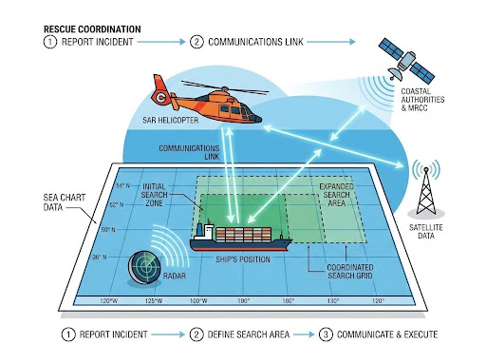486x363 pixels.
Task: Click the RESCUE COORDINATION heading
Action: [x=92, y=29]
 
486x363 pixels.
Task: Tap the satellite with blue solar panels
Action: [x=406, y=60]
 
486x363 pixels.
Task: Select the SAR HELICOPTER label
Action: [x=170, y=121]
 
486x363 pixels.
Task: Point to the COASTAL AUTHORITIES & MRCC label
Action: [x=422, y=100]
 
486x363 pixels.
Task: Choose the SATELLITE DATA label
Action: [x=426, y=232]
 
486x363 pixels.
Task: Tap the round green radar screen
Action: [x=144, y=267]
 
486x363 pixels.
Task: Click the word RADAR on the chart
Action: [x=175, y=276]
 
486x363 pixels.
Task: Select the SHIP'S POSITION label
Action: [x=243, y=259]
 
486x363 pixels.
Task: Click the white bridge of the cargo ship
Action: [x=206, y=231]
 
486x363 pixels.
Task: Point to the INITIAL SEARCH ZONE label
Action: [x=154, y=195]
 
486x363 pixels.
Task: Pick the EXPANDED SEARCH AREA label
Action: [x=336, y=195]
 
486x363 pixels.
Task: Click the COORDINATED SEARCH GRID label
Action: [x=350, y=272]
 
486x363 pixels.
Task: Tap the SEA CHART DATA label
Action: [x=65, y=202]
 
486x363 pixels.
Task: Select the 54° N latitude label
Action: [x=122, y=185]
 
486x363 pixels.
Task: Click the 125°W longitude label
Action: [x=154, y=300]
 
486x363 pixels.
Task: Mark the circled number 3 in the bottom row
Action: [x=326, y=334]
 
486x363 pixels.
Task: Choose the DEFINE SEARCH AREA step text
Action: [x=249, y=334]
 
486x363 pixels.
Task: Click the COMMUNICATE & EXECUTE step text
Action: [x=387, y=334]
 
